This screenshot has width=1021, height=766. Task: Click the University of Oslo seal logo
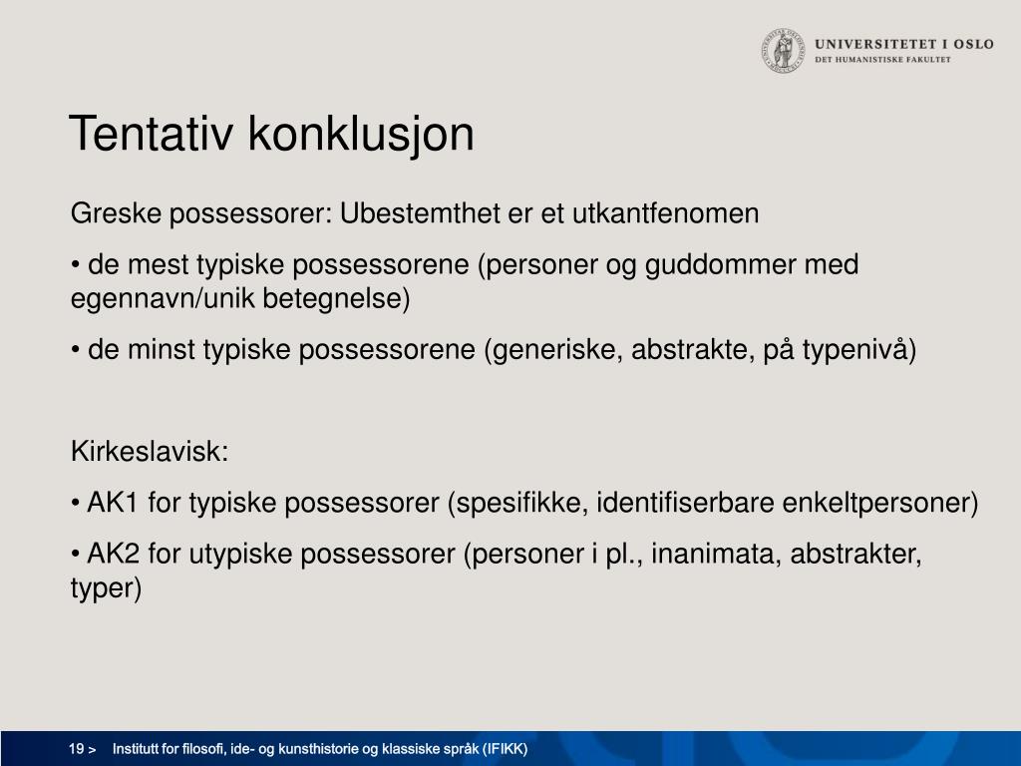click(x=783, y=50)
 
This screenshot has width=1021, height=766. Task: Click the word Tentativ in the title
click(x=151, y=135)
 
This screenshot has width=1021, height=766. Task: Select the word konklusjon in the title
click(x=361, y=136)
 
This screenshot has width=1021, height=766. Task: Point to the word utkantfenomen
click(x=665, y=213)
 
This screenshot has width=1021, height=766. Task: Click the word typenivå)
click(x=859, y=350)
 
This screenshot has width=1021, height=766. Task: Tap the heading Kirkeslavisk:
click(x=150, y=452)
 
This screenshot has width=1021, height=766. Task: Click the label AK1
click(x=113, y=503)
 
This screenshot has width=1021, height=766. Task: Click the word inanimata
click(x=716, y=554)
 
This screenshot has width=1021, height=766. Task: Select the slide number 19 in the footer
click(x=76, y=749)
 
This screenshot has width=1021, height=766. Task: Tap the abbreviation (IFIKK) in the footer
click(x=505, y=749)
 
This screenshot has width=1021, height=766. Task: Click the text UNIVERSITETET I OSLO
click(x=903, y=44)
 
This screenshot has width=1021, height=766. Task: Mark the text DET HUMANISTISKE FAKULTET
click(x=882, y=59)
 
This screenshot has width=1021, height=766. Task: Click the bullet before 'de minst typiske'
click(x=76, y=350)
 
